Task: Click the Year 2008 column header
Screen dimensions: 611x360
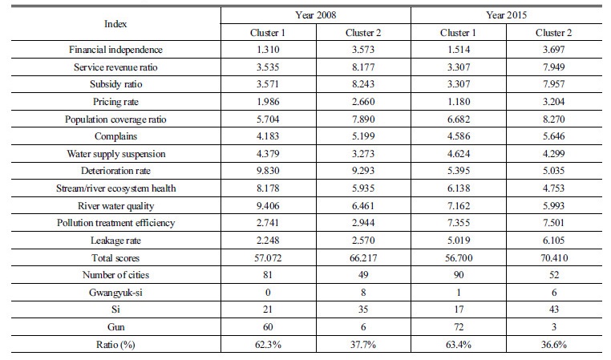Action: click(316, 15)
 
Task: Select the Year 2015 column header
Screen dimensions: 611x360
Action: click(506, 15)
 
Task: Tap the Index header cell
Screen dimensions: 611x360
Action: click(115, 24)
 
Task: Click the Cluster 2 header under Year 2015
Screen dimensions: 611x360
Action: click(554, 33)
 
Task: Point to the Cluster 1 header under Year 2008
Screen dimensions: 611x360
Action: click(268, 33)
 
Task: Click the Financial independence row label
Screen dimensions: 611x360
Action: click(115, 50)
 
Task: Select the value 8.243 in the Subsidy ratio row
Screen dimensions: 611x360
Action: click(363, 84)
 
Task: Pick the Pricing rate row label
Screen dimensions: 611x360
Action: click(115, 102)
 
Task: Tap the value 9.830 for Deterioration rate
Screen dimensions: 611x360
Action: click(268, 171)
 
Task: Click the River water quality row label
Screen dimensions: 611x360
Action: click(115, 206)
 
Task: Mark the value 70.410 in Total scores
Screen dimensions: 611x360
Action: click(554, 258)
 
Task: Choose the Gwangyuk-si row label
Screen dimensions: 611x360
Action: click(115, 293)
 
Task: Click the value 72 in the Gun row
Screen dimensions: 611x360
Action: click(459, 327)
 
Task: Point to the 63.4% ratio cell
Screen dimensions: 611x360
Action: click(459, 345)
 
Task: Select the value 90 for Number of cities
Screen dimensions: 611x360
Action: click(459, 275)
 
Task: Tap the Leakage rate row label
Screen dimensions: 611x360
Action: click(115, 241)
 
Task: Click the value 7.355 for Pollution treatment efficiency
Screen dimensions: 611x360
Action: click(459, 223)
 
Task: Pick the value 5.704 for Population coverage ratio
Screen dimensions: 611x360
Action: click(268, 119)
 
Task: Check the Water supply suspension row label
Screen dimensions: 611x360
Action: click(115, 154)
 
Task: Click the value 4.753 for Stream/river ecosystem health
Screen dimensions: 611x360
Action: click(554, 188)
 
